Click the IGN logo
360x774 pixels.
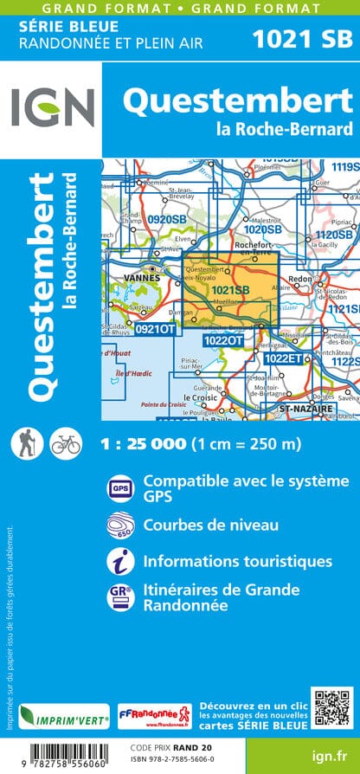click(53, 108)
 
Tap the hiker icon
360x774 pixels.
click(23, 444)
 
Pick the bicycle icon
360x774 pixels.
click(65, 444)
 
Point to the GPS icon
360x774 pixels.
click(119, 488)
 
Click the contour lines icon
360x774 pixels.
click(119, 526)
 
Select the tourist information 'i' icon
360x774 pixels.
click(119, 562)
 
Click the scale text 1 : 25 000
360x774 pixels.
click(143, 444)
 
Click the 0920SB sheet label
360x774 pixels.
click(165, 220)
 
